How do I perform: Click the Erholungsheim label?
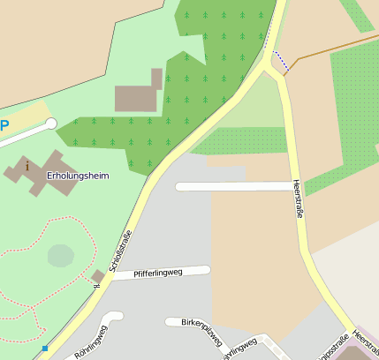[x=78, y=176]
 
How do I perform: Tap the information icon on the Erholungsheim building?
[x=27, y=165]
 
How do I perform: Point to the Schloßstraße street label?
[x=121, y=251]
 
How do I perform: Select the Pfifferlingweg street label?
[x=157, y=274]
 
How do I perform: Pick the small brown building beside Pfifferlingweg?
[x=98, y=278]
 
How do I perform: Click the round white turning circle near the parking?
[x=51, y=124]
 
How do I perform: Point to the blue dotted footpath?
[x=281, y=62]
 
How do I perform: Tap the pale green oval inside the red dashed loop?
[x=60, y=256]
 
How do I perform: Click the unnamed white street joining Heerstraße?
[x=233, y=186]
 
